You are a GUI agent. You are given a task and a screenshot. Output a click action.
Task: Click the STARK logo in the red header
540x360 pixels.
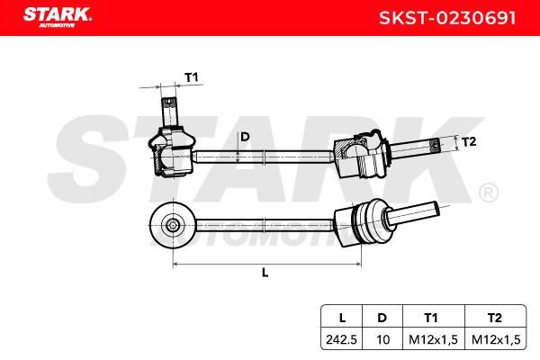tap(58, 17)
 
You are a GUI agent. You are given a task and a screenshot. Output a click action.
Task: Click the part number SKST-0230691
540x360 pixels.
tap(447, 18)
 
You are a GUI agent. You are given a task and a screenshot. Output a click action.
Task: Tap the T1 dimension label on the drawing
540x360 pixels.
tap(192, 77)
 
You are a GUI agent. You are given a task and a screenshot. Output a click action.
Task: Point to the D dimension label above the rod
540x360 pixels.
tap(245, 137)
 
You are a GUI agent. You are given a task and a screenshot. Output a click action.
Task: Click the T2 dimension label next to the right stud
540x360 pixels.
tap(468, 141)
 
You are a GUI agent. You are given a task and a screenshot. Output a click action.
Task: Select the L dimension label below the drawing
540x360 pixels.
tap(265, 273)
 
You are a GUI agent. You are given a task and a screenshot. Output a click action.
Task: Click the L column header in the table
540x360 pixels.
tap(342, 318)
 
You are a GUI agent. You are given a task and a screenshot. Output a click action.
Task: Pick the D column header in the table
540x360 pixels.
tap(382, 318)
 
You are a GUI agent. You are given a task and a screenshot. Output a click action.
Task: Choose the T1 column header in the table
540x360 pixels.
tap(431, 318)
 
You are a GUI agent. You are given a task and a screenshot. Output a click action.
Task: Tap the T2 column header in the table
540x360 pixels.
tap(494, 318)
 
